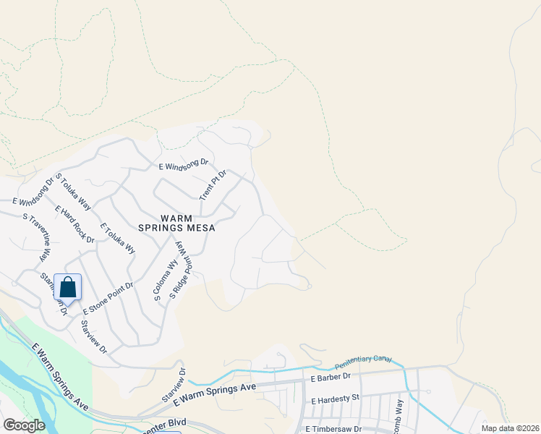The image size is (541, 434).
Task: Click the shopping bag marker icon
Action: pos(67,287)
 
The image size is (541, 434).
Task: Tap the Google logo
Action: pos(24,425)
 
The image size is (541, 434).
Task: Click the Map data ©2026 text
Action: pos(509,427)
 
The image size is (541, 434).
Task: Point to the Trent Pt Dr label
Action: pos(213,185)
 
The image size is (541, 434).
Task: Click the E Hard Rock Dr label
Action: pos(74,224)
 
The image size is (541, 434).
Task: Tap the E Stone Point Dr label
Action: pos(108,298)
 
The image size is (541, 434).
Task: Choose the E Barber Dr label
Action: pos(330,377)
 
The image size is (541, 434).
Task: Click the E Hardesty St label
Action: pos(335,399)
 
